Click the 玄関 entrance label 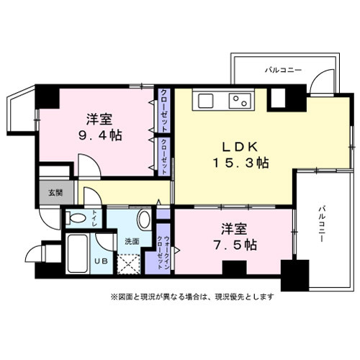[55, 192]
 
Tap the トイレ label [96, 215]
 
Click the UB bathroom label [100, 260]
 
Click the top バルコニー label [283, 70]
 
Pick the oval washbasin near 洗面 [143, 219]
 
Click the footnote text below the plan [192, 295]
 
